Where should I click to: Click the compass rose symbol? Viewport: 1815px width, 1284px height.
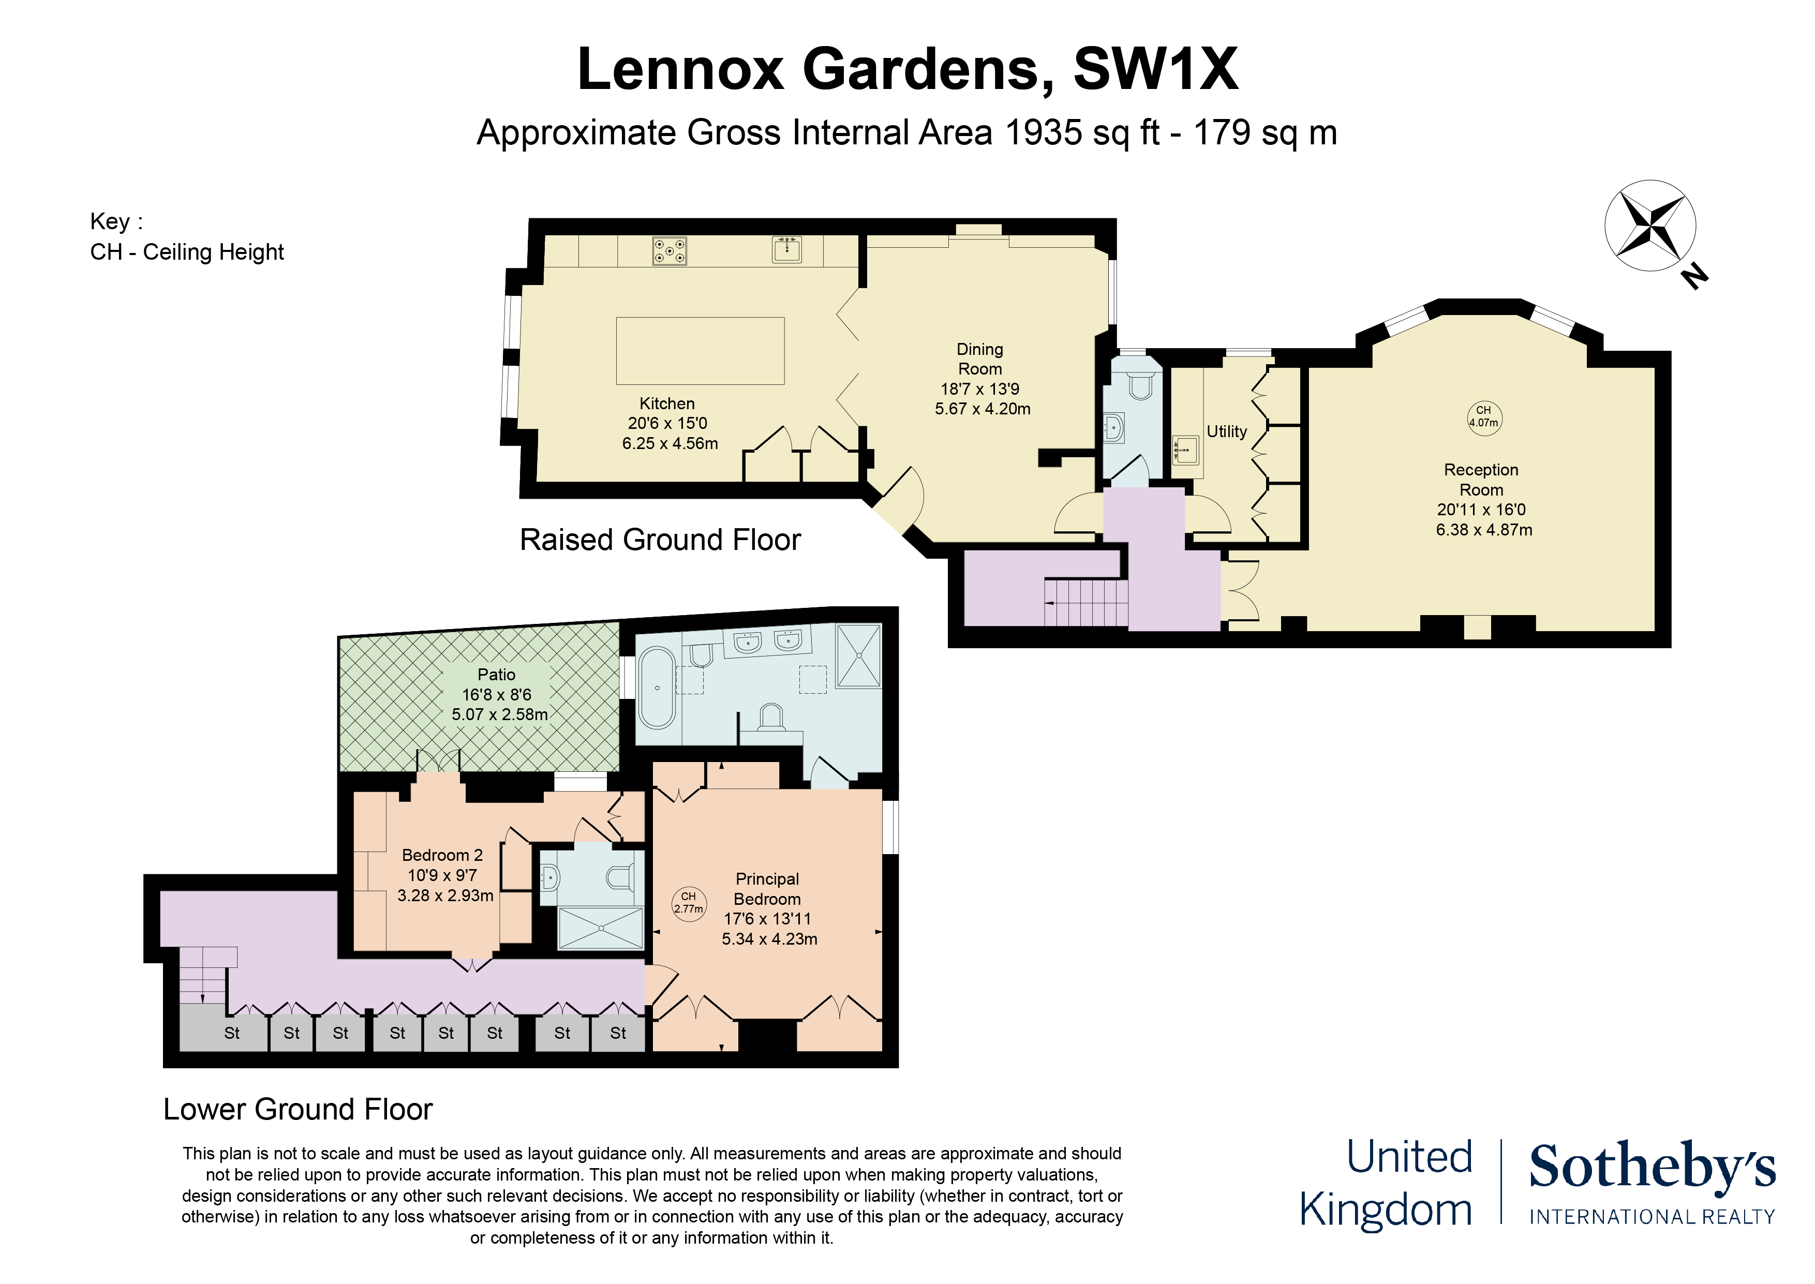[1650, 226]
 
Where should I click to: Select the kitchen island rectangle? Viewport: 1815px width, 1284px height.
[701, 351]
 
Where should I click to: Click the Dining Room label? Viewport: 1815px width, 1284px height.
[980, 359]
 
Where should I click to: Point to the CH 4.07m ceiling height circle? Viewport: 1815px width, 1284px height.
[1484, 416]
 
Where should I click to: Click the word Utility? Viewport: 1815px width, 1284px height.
[1226, 431]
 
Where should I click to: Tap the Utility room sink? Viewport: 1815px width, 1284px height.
[1186, 451]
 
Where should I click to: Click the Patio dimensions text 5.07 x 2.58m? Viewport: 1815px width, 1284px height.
[500, 715]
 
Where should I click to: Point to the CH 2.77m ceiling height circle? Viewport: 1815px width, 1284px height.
[689, 903]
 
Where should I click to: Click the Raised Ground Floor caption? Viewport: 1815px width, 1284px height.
[660, 540]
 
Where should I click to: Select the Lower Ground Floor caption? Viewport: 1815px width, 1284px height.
[298, 1109]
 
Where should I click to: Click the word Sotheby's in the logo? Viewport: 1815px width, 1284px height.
[1652, 1167]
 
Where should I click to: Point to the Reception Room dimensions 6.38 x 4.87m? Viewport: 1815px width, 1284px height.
[1484, 530]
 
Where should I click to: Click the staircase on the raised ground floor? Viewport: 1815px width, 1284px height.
[1086, 603]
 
